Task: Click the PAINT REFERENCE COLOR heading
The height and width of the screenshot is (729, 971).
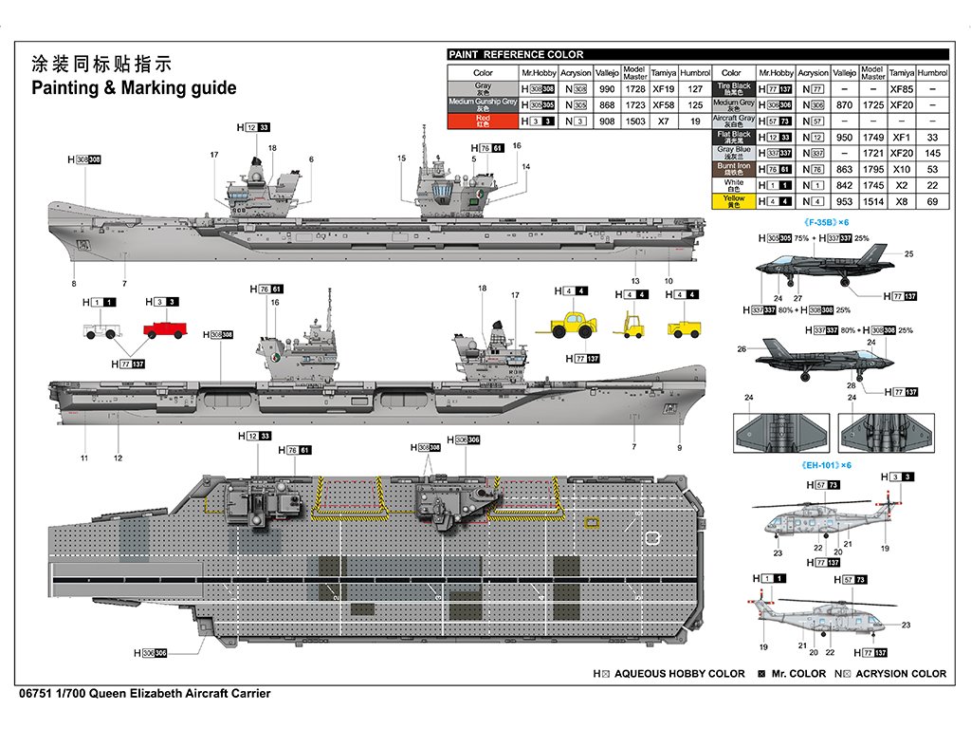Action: pyautogui.click(x=516, y=54)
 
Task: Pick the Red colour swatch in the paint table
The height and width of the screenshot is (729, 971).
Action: pyautogui.click(x=483, y=121)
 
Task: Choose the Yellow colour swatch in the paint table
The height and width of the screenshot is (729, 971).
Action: pyautogui.click(x=733, y=201)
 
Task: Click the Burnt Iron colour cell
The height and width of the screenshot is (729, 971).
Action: pyautogui.click(x=733, y=169)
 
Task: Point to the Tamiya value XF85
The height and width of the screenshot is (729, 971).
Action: pyautogui.click(x=902, y=88)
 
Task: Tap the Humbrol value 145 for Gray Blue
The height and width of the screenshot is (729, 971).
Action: pyautogui.click(x=933, y=153)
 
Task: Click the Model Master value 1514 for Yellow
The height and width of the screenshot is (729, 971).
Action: pyautogui.click(x=872, y=201)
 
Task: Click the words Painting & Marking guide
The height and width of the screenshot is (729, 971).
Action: pyautogui.click(x=134, y=88)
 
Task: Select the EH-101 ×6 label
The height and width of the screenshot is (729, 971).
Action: pyautogui.click(x=826, y=465)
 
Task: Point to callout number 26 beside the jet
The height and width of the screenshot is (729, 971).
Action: pyautogui.click(x=742, y=349)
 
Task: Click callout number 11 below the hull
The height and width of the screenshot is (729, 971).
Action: pyautogui.click(x=84, y=458)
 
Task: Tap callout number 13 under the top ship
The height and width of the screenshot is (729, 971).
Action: pyautogui.click(x=635, y=281)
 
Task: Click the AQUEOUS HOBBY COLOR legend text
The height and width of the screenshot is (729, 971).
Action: pyautogui.click(x=679, y=674)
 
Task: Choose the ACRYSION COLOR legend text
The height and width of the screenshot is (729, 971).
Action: pyautogui.click(x=900, y=674)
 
